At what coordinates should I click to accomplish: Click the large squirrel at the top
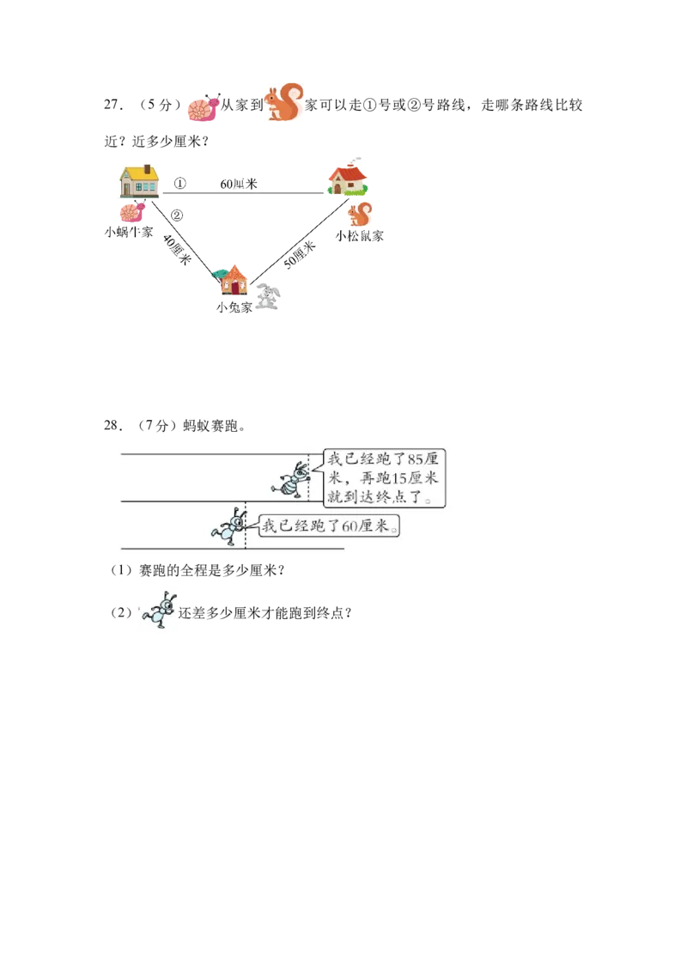point(284,103)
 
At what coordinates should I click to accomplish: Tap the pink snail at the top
point(203,109)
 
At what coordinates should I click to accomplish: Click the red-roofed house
point(347,179)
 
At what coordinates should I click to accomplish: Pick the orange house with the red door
point(232,281)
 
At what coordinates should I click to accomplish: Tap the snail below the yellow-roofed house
point(131,212)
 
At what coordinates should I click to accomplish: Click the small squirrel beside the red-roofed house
point(362,213)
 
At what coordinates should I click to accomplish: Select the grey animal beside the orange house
point(269,297)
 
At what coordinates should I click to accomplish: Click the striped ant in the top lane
point(293,479)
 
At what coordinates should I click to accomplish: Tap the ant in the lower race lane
point(231,526)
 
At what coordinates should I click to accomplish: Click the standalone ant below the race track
point(159,611)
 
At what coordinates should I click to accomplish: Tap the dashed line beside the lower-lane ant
point(246,524)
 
